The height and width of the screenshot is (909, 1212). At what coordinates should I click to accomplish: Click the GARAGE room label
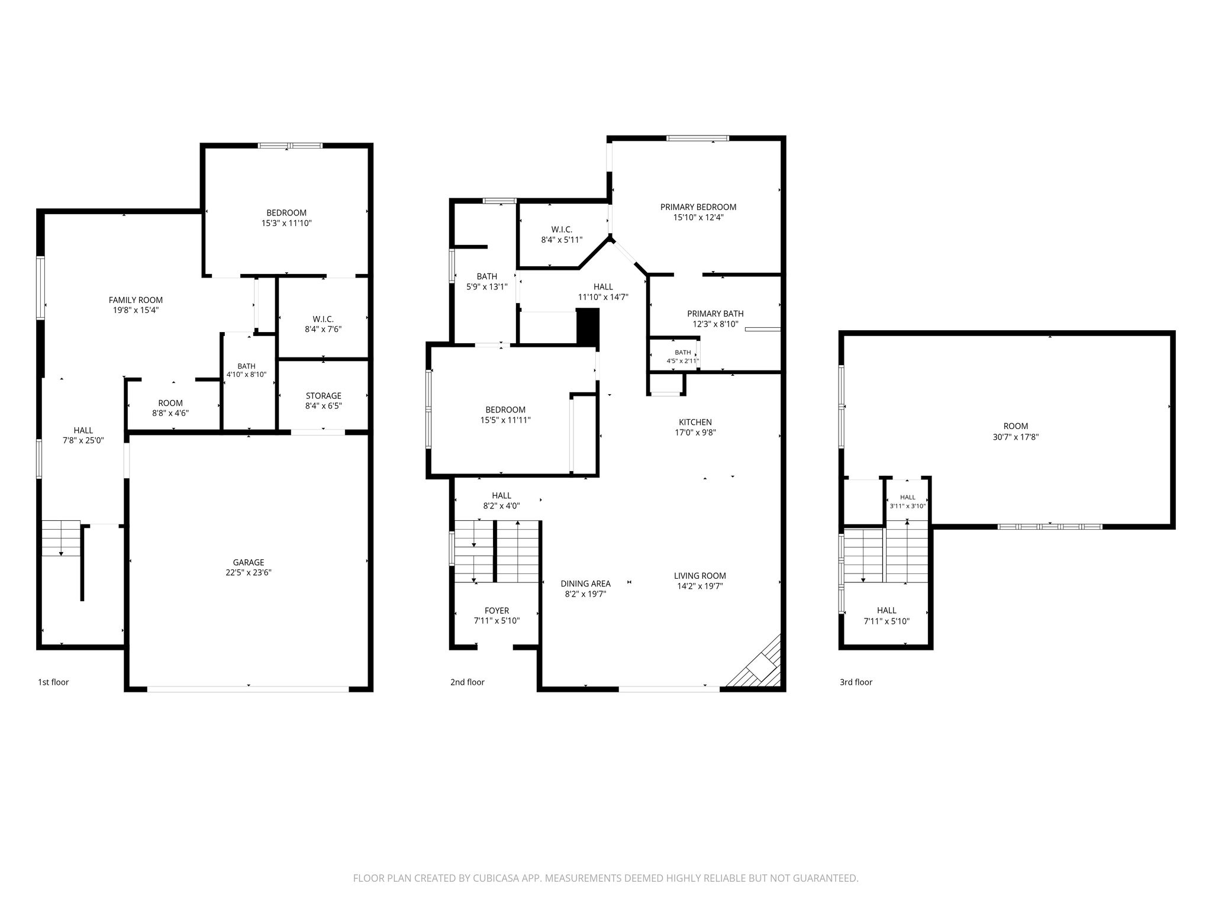tap(249, 562)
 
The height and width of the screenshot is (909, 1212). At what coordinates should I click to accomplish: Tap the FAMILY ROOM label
tap(136, 300)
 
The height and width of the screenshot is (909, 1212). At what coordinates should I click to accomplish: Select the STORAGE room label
tap(323, 396)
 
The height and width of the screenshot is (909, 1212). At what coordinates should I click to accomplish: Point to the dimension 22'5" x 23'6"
tap(249, 573)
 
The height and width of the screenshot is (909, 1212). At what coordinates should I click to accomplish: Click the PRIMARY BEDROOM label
tap(698, 207)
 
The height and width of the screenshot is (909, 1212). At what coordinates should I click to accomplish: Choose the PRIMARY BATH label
tap(715, 314)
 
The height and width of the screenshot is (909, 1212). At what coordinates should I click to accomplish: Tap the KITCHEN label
tap(695, 422)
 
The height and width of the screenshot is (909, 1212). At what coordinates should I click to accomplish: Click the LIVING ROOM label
tap(700, 576)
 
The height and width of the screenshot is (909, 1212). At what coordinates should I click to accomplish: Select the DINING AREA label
tap(586, 584)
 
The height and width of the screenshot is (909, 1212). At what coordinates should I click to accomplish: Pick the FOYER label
tap(497, 611)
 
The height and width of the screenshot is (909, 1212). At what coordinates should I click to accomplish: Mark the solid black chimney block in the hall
tap(588, 327)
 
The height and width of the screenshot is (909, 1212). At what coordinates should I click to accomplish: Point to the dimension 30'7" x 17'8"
tap(1016, 437)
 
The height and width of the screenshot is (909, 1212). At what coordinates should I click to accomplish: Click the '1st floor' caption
tap(53, 682)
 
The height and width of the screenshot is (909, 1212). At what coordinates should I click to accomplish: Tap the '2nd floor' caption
tap(468, 682)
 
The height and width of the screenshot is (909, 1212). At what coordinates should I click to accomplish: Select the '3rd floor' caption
tap(856, 682)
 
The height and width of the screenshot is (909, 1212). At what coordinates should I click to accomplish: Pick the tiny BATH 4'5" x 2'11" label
tap(683, 356)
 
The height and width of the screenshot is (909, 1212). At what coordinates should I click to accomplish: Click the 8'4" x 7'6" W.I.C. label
tap(323, 324)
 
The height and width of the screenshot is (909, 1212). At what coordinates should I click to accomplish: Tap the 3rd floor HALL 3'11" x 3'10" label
tap(908, 501)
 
